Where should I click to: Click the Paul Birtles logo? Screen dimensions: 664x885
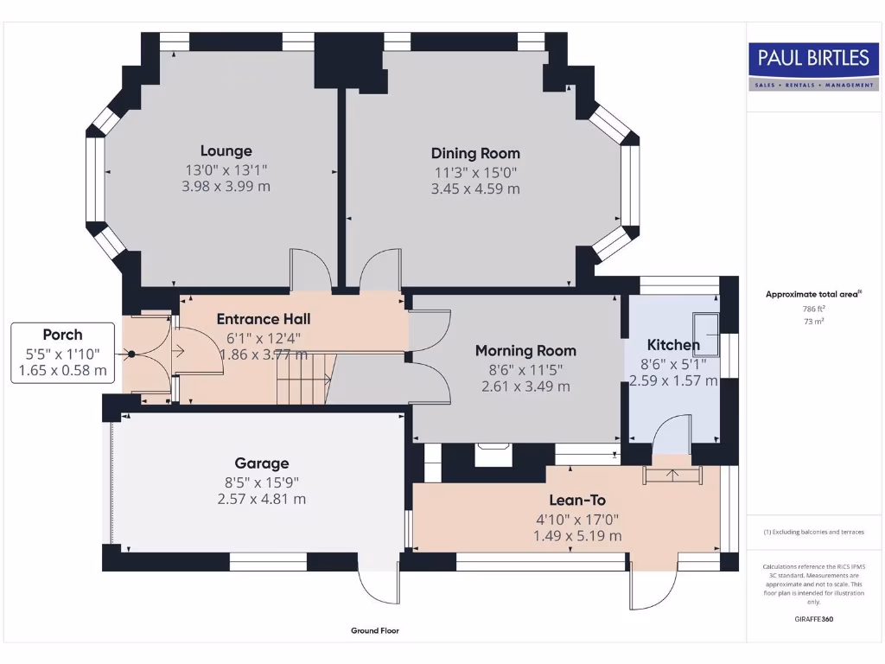813,67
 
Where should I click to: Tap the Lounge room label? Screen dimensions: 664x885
226,150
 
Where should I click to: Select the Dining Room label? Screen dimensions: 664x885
475,153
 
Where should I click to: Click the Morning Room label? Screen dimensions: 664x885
525,350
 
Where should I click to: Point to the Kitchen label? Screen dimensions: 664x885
673,345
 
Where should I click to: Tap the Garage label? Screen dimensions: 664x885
262,463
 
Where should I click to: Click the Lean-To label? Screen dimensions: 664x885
577,500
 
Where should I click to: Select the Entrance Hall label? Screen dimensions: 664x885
264,319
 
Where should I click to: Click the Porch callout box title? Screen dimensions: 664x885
63,335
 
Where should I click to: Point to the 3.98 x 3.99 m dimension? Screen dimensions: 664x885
226,186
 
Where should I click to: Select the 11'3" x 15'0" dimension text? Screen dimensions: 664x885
475,171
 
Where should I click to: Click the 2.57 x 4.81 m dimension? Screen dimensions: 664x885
262,499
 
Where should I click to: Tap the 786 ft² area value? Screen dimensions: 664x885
813,308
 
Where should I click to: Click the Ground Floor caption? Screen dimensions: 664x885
375,631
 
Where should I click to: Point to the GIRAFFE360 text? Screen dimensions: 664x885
813,619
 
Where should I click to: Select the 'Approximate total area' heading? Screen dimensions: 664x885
812,294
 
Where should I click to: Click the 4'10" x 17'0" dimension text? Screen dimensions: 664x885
577,518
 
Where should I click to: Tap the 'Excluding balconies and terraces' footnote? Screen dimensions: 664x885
813,532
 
